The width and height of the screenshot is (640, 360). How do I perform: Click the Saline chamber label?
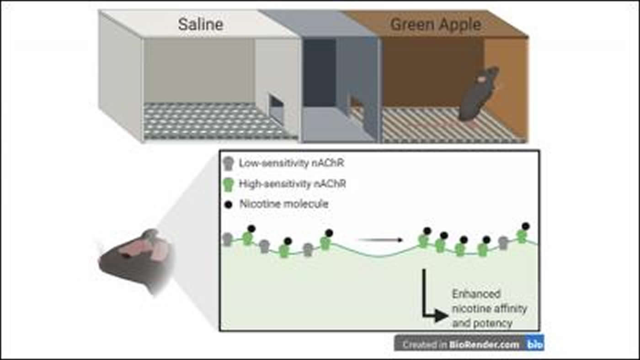(x=200, y=24)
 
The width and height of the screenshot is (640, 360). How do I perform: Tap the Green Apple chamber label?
(x=435, y=24)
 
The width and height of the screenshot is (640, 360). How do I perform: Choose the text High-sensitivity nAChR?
(x=293, y=184)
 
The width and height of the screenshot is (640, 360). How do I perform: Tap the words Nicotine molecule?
(x=283, y=204)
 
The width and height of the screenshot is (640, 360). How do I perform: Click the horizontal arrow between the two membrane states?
(x=380, y=239)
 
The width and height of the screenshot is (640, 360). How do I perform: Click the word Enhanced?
(x=476, y=294)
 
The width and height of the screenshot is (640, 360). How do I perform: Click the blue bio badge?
(x=534, y=344)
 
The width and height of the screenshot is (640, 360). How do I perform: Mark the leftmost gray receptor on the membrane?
(x=227, y=239)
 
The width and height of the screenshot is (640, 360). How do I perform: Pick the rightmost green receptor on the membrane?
(x=522, y=236)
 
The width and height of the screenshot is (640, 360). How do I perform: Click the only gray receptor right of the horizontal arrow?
(x=504, y=243)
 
